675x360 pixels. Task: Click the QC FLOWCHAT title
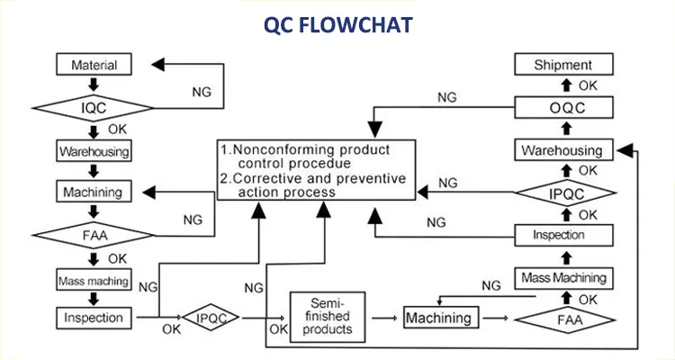337,24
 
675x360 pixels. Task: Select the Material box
94,65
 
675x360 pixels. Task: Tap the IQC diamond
94,107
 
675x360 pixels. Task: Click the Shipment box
563,65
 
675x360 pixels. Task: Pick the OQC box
563,107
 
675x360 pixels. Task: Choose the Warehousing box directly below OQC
563,150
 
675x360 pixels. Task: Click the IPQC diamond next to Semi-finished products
211,318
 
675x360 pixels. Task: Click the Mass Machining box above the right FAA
564,277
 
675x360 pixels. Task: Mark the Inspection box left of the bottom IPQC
94,318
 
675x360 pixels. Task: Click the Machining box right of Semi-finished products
438,319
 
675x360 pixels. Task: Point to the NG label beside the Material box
202,92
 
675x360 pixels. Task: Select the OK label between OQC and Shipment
587,85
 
